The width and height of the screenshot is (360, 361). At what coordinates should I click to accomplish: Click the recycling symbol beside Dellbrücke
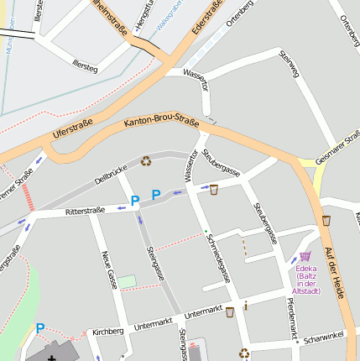(146, 160)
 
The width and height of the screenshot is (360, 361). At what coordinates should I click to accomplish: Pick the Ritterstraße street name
(85, 211)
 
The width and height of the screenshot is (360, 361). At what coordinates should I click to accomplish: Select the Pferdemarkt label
(291, 318)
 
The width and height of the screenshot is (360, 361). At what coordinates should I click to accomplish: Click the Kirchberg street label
(108, 331)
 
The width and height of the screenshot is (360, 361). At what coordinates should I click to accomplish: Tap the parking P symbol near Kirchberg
(39, 329)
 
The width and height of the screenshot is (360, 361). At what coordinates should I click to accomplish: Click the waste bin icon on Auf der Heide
(326, 220)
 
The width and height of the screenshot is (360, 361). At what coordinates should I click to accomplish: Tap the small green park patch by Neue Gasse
(126, 281)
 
